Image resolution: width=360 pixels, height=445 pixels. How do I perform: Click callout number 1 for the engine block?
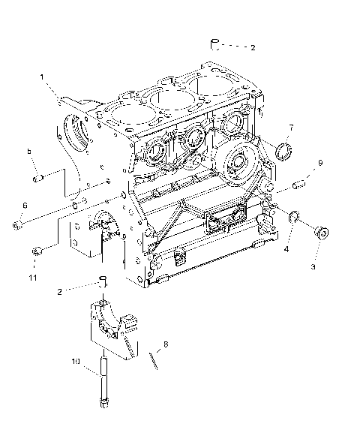(42, 76)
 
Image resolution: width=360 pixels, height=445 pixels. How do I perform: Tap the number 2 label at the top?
(253, 47)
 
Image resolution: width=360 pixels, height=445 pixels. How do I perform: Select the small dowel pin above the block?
(214, 42)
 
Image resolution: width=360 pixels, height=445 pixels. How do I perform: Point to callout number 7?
(291, 127)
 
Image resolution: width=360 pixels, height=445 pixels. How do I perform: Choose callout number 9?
(319, 162)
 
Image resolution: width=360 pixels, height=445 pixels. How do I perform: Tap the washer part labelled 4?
(295, 218)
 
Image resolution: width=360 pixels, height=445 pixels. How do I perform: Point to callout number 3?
(314, 266)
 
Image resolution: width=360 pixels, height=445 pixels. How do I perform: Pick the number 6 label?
(24, 205)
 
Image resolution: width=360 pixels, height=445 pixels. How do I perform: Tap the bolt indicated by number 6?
(18, 223)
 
